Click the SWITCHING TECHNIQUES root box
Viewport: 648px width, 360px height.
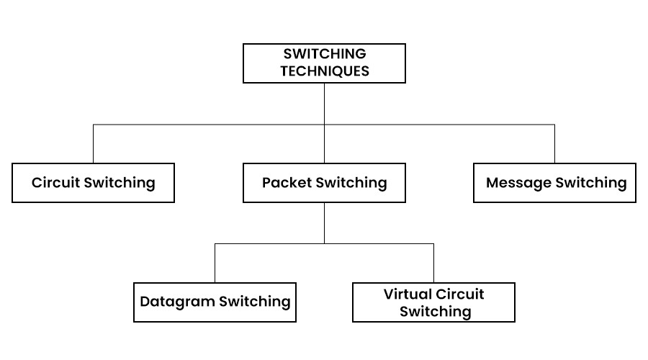tap(324, 63)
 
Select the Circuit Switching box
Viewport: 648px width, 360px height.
tap(94, 183)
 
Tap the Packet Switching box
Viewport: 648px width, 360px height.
tap(324, 183)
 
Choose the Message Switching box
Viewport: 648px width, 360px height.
tap(555, 183)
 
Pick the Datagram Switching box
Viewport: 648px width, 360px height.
tap(215, 302)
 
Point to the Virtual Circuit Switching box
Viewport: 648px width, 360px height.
tap(433, 302)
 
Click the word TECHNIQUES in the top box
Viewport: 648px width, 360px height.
tap(325, 71)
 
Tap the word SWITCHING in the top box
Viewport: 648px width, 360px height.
tap(325, 54)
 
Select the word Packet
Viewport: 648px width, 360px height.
tap(287, 183)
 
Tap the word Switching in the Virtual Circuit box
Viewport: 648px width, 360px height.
tap(436, 312)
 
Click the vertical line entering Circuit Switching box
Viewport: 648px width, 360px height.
tap(94, 144)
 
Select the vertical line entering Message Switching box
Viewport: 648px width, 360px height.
tap(555, 144)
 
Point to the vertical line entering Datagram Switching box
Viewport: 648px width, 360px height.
tap(215, 263)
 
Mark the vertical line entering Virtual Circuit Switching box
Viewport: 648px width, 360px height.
tap(433, 263)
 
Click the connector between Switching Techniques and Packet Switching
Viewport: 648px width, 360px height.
tap(324, 104)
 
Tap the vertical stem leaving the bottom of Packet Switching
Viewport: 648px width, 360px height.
tap(324, 222)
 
